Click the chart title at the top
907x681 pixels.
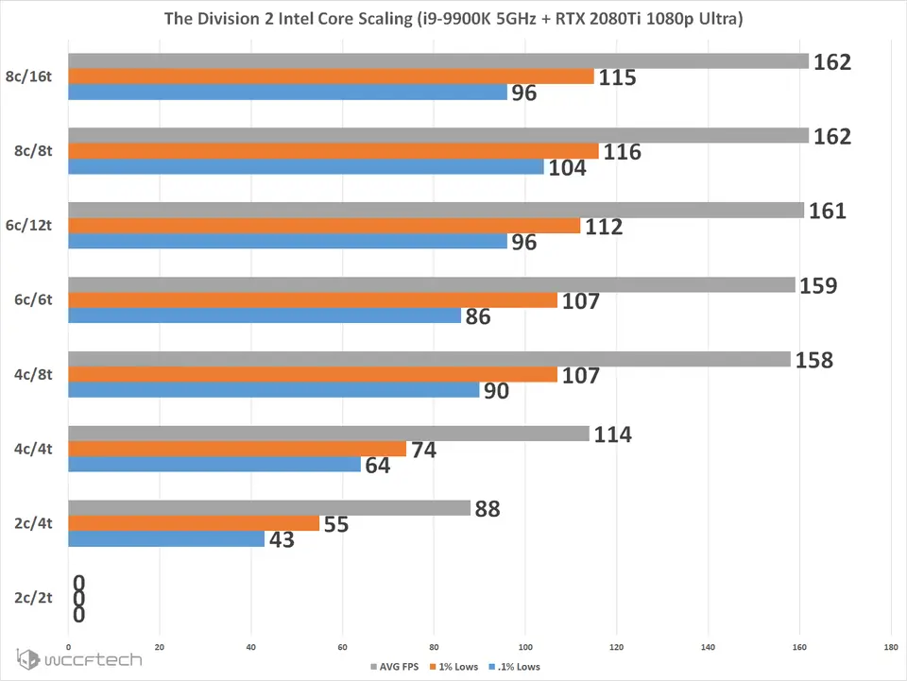coord(453,19)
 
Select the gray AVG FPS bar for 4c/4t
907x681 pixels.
coord(329,434)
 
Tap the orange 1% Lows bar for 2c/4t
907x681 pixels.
coord(195,523)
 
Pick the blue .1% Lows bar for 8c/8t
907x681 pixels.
coord(306,166)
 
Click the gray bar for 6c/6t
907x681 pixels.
coord(432,284)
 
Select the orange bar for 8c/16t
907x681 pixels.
coord(331,77)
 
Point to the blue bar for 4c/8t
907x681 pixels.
coord(274,390)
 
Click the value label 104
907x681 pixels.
coord(568,168)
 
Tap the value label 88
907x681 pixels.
coord(488,508)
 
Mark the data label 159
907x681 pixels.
coord(817,284)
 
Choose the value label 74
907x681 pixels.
coord(423,450)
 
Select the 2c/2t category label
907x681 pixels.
coord(33,598)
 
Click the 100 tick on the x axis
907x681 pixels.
coord(525,648)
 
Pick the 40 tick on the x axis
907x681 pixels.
coord(251,648)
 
